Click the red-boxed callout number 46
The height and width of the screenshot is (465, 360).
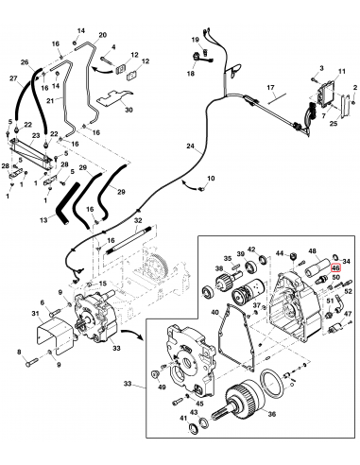335,268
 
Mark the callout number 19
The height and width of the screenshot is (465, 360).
195,41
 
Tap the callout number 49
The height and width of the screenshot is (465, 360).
161,387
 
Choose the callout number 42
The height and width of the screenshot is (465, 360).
249,250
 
